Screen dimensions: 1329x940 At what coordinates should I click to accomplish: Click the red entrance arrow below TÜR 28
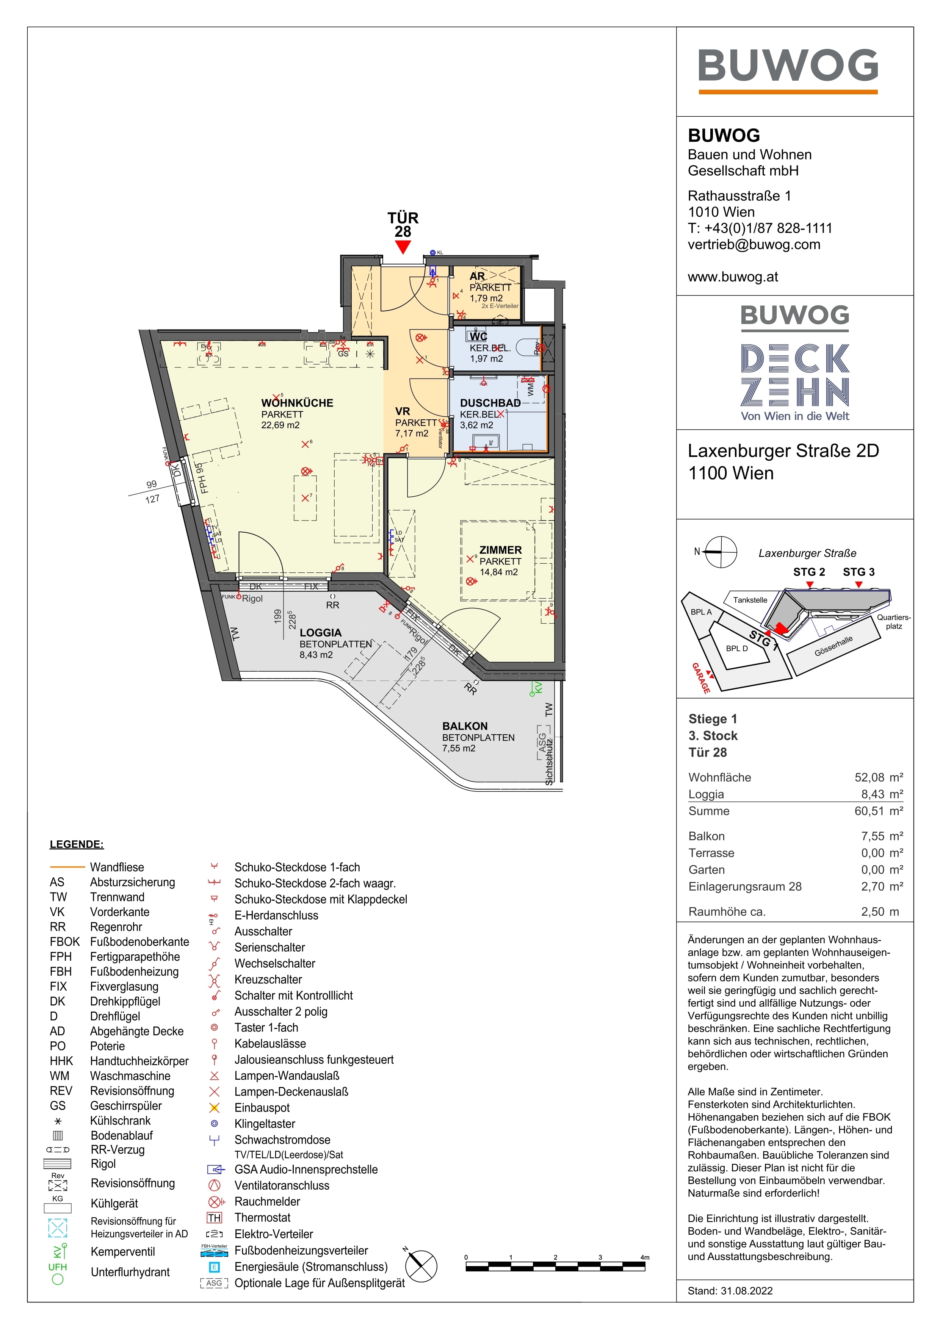point(403,247)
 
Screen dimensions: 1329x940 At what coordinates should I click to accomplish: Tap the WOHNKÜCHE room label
point(297,403)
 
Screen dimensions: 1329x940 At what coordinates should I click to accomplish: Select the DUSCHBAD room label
point(490,403)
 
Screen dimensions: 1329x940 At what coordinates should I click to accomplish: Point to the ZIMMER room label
point(500,550)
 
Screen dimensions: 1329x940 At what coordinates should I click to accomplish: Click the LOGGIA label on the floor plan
point(320,633)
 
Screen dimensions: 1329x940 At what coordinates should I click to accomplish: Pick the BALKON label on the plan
point(464,726)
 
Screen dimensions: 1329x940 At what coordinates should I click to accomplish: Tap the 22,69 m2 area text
point(280,425)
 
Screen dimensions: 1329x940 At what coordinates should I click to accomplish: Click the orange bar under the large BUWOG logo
point(788,91)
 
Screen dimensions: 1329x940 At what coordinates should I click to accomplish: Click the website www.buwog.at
point(733,277)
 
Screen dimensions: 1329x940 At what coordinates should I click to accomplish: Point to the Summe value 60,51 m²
point(878,811)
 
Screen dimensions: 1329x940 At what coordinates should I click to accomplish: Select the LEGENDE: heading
point(77,844)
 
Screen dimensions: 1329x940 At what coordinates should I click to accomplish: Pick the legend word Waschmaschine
point(130,1076)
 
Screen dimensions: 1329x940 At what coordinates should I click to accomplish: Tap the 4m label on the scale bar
point(645,1257)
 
